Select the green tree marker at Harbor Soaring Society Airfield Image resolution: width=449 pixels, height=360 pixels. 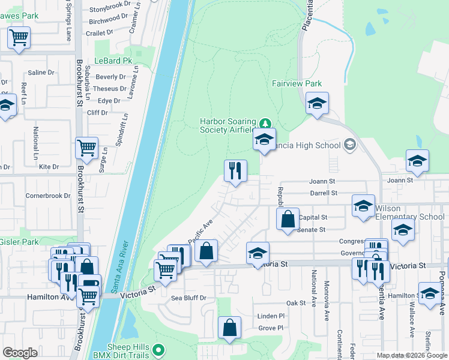(x=264, y=123)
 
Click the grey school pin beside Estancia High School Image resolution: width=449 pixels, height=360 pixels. (x=350, y=145)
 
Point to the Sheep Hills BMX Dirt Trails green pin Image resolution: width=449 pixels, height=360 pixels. (x=158, y=349)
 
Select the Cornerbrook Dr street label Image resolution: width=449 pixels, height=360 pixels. (x=48, y=196)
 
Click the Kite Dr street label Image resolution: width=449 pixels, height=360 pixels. (x=48, y=167)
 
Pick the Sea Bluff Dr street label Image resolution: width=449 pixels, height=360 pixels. (x=188, y=298)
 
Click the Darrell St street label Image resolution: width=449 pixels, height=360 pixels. (x=324, y=193)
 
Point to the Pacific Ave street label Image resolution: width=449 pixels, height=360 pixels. (x=200, y=231)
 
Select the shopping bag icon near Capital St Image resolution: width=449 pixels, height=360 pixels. (x=288, y=219)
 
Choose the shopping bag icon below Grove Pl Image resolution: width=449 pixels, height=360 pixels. (x=229, y=328)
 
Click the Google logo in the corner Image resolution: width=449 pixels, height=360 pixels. (x=20, y=353)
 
